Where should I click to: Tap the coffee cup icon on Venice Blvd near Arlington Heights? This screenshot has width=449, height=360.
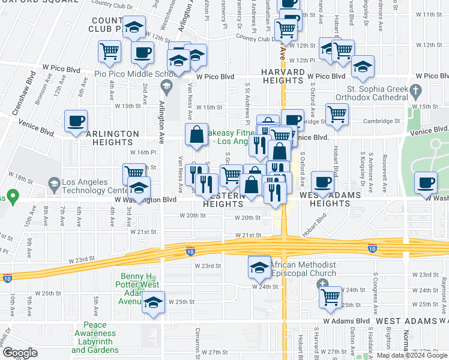pos(76,121)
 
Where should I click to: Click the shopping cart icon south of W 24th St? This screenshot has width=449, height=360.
pos(330,296)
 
